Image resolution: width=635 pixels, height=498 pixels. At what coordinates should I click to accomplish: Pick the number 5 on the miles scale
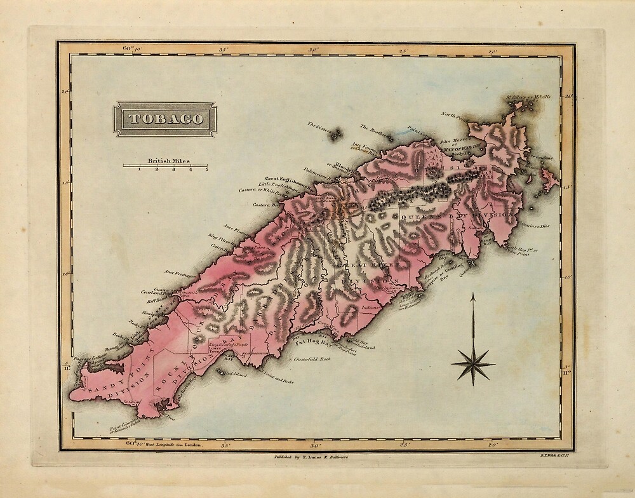pos(207,170)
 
